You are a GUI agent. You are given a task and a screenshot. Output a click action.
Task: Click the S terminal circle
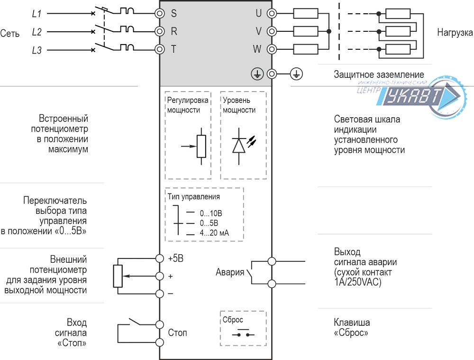point(160,13)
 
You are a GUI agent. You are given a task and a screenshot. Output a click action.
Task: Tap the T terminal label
point(174,49)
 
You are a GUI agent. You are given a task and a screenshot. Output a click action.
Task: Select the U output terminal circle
point(272,13)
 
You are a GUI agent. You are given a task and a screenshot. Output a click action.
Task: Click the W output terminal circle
point(272,49)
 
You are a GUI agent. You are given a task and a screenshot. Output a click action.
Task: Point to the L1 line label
point(36,14)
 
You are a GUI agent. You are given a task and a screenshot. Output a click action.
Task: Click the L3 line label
point(36,50)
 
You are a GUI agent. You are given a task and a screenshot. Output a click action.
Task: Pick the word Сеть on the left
point(10,34)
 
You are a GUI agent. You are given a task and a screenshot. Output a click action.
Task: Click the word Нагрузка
point(455,33)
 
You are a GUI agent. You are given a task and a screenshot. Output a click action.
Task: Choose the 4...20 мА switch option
point(214,233)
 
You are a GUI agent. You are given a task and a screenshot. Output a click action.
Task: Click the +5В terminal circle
point(160,258)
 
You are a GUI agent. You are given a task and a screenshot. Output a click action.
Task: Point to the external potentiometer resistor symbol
point(118,276)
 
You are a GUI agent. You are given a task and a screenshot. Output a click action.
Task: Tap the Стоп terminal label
point(178,333)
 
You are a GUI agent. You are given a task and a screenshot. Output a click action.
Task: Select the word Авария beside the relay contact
point(230,272)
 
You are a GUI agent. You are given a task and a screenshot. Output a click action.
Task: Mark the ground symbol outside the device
point(296,74)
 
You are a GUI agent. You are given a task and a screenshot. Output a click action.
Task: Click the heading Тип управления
point(193,197)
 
